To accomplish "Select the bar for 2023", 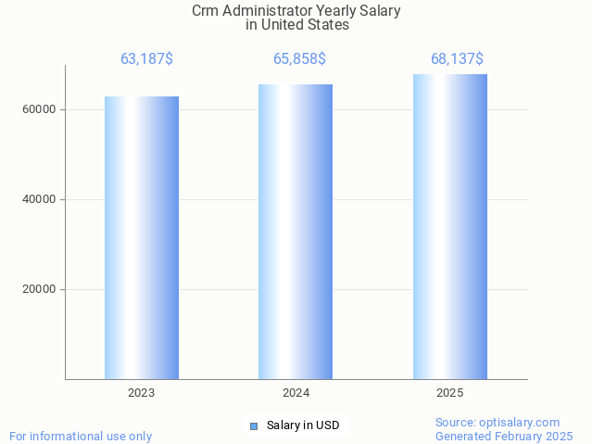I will (141, 237).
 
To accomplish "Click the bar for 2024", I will (296, 232).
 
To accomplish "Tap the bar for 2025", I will (450, 226).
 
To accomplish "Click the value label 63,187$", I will (146, 59).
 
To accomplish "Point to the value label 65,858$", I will (299, 59).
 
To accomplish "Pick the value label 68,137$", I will (457, 59).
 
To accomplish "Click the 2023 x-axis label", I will (141, 393).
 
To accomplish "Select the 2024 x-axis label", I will (296, 393).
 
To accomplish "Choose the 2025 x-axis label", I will (450, 393).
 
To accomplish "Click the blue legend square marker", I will (254, 426).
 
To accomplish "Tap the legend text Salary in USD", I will (303, 426).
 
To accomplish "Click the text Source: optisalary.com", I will (498, 423).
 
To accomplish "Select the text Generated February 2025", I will (504, 437).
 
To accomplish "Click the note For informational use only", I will (81, 437).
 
